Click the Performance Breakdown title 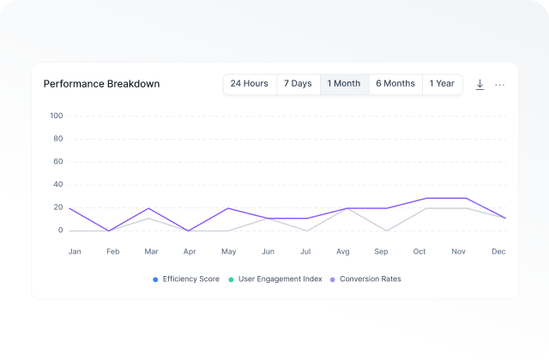click(101, 84)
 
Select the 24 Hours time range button click(249, 84)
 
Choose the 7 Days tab click(298, 84)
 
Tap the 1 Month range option click(344, 84)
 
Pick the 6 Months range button click(395, 84)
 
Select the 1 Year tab click(442, 84)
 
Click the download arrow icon click(480, 84)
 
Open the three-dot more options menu click(500, 85)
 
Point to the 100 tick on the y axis click(57, 116)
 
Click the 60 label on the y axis click(58, 161)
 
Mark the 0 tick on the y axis click(61, 231)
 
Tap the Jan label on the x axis click(75, 252)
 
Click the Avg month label click(342, 252)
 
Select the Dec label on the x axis click(498, 252)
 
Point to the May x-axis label click(228, 252)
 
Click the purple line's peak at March click(149, 208)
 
